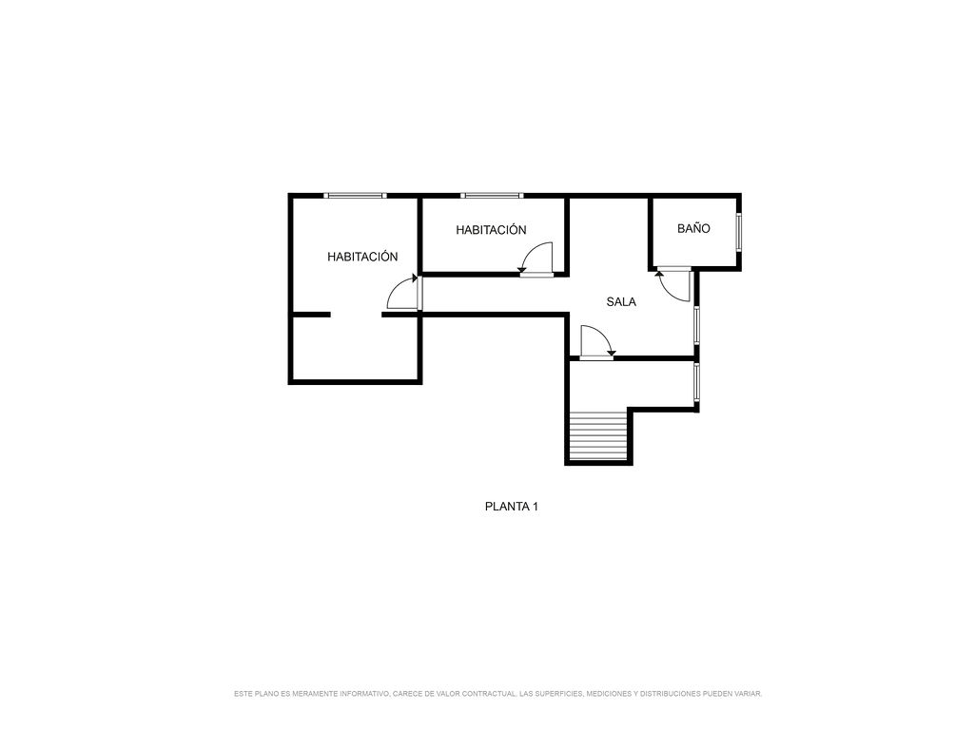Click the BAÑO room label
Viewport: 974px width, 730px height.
pos(693,228)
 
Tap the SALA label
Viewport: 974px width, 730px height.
pos(621,302)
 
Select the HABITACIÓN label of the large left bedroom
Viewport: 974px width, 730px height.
pos(362,257)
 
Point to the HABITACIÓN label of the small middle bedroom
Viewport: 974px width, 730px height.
pos(491,230)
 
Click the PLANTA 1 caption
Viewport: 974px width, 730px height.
pos(511,507)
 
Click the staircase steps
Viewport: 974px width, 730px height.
pos(599,436)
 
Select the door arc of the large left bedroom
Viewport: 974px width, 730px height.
pos(402,292)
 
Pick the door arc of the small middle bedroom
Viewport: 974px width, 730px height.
pos(536,257)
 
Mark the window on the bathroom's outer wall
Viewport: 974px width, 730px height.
pos(738,233)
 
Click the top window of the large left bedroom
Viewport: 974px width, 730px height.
pos(356,196)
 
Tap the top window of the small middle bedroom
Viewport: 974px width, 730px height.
pos(492,196)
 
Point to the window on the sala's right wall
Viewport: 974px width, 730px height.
pos(697,325)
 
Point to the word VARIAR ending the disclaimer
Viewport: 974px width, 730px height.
pos(748,693)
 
